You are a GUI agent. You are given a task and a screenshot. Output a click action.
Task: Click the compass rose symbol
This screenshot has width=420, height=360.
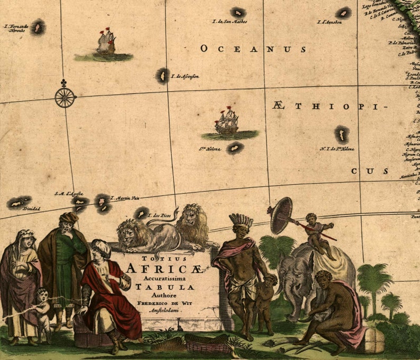point(65,97)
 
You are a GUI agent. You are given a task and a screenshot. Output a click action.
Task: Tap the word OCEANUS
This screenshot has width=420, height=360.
point(253,49)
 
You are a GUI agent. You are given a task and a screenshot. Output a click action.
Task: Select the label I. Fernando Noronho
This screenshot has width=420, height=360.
point(15,28)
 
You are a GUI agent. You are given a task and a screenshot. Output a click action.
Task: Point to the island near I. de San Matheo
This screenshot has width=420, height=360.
point(238,12)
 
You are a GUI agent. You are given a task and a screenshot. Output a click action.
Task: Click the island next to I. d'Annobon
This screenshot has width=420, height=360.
point(344,13)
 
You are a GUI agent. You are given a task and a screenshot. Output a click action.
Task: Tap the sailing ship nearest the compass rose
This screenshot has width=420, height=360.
point(106,42)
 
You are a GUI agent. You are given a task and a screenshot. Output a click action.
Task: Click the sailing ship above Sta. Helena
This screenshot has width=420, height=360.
point(227,122)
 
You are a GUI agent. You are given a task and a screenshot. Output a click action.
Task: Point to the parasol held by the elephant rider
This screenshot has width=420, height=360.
point(281,215)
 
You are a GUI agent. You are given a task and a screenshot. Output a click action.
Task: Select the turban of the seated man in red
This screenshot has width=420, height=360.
point(100,246)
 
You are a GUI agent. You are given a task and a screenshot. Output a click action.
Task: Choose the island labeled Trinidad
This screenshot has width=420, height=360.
point(19,202)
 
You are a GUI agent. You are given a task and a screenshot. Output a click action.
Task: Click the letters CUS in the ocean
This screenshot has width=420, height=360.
point(370,172)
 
